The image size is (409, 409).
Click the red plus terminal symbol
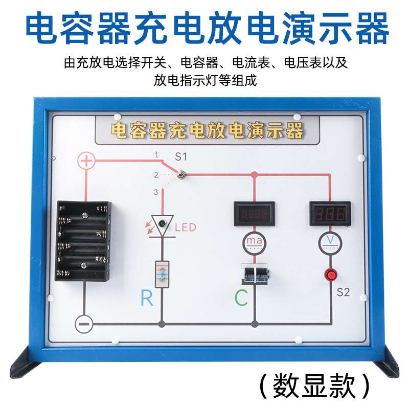86,162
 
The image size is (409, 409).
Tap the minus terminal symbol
83,324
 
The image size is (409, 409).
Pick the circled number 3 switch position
156,192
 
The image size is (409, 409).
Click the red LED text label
185,227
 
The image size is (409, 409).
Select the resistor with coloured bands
162,274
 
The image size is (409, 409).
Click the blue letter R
147,298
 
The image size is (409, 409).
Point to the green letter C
241,298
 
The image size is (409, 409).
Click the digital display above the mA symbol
254,214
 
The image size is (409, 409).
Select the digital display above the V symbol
330,214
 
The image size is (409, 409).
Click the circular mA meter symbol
254,242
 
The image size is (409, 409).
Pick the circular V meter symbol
330,242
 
